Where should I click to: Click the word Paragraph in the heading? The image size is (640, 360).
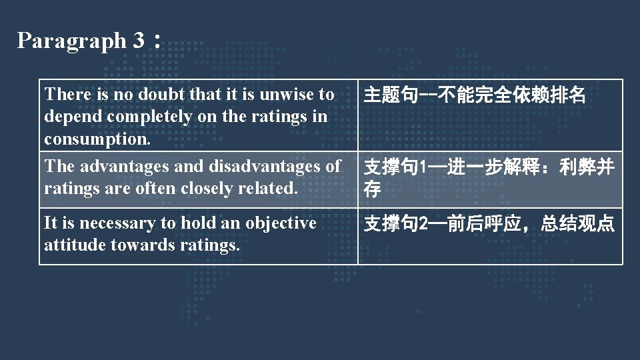71,41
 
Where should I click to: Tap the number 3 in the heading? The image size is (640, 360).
138,41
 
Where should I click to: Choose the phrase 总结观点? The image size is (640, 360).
577,224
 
